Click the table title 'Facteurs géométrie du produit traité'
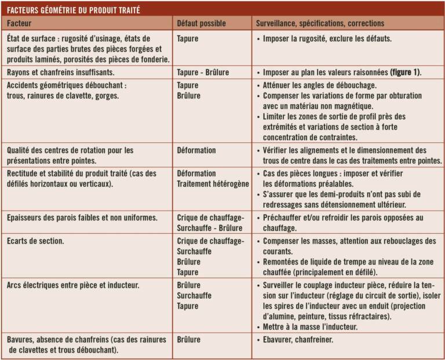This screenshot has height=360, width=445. [74, 10]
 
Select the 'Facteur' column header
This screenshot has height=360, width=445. [20, 24]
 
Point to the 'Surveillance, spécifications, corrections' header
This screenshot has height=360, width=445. [320, 24]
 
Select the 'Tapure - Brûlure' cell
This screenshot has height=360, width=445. [203, 72]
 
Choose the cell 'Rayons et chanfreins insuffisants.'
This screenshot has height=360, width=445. [60, 72]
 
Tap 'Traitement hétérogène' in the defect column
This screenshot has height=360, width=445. [213, 183]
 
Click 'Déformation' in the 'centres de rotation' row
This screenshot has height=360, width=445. [196, 150]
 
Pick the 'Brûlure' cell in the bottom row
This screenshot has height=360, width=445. [189, 339]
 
